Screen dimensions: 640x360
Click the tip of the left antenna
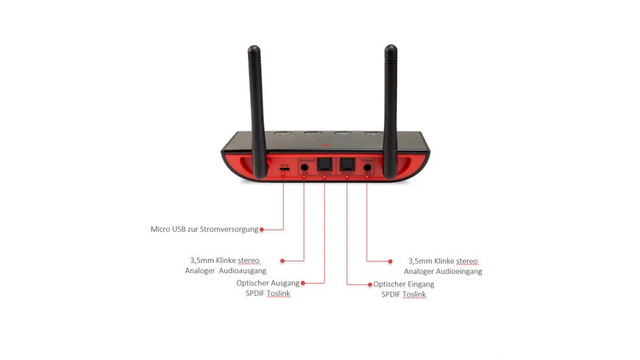coord(254,50)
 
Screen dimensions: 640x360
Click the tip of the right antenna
coord(391,49)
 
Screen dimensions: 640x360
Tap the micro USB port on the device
coord(284,168)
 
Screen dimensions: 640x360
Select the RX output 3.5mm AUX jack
coord(304,167)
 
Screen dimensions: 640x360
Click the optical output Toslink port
coord(324,166)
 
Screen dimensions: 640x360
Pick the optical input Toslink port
coord(347,166)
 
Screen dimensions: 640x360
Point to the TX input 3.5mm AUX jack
coord(367,167)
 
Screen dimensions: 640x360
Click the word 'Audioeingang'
coord(458,271)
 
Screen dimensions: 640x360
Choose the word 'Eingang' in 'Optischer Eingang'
coord(419,283)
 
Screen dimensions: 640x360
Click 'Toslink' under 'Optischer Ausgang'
coord(279,294)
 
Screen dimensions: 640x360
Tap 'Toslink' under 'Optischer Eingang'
coord(414,294)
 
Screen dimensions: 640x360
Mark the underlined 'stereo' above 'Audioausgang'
coord(249,261)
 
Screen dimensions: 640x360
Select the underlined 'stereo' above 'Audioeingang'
coord(467,261)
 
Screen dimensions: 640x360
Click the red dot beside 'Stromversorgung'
coord(261,229)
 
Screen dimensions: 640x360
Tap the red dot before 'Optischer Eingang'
coord(369,283)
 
